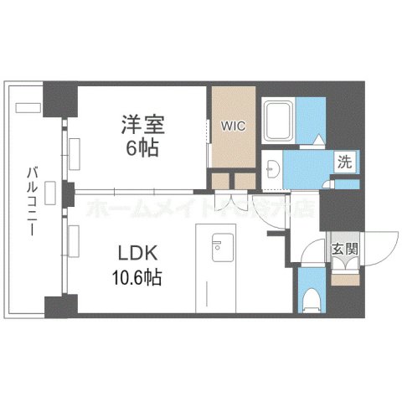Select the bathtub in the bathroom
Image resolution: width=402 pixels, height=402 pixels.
click(279, 121)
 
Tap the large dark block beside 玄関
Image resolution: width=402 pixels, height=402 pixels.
click(338, 209)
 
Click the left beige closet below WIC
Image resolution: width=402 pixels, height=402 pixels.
click(220, 180)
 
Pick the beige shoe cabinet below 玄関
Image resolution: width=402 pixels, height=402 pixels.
click(343, 276)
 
